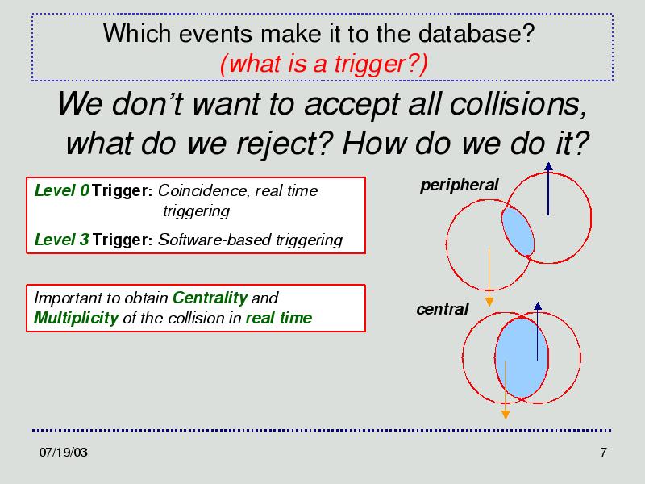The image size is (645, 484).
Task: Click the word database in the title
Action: tap(476, 33)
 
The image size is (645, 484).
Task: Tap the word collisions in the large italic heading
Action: tap(518, 104)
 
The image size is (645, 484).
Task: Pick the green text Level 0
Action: tap(62, 190)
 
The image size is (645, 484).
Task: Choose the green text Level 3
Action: tap(62, 240)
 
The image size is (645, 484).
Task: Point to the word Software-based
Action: tap(215, 240)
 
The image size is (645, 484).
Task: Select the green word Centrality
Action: tap(210, 298)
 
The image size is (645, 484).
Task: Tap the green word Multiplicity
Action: tap(76, 318)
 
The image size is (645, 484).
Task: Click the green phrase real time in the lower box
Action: tap(279, 318)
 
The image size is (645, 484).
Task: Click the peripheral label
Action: tap(459, 186)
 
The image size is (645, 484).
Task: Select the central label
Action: tap(442, 309)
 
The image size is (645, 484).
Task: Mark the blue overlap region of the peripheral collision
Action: tap(518, 231)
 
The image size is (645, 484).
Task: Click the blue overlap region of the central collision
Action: tap(521, 357)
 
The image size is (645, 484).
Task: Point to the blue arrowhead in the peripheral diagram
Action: tap(548, 166)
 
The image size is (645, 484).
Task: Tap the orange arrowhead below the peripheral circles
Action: tap(489, 302)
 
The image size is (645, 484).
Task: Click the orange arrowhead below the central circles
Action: tap(506, 415)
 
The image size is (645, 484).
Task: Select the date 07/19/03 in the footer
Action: tap(64, 453)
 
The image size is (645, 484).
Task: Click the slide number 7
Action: tap(603, 453)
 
